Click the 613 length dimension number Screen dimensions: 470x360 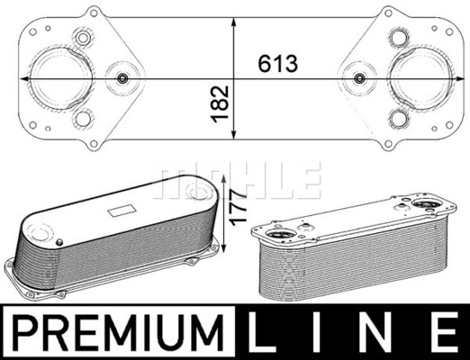pyautogui.click(x=278, y=64)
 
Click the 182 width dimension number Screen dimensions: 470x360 pyautogui.click(x=220, y=104)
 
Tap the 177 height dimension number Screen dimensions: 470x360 pyautogui.click(x=238, y=206)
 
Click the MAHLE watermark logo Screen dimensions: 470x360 pyautogui.click(x=237, y=181)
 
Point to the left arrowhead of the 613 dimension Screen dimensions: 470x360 pyautogui.click(x=24, y=78)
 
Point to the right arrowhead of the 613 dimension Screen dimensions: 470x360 pyautogui.click(x=460, y=78)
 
